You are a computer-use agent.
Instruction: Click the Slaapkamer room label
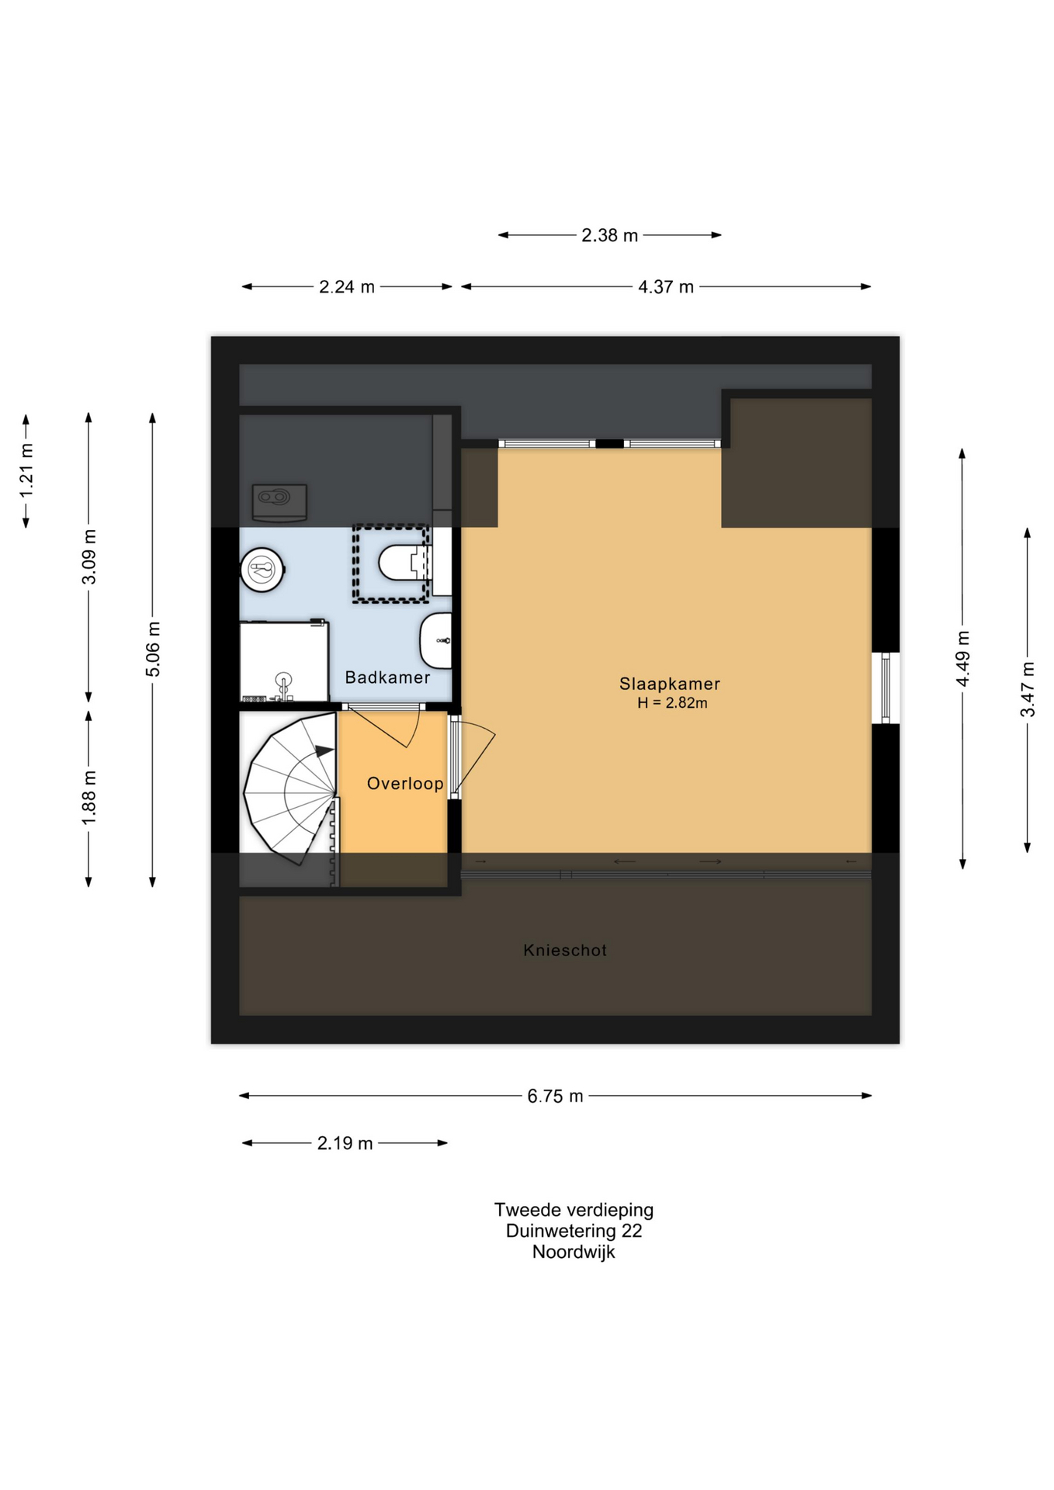click(x=669, y=684)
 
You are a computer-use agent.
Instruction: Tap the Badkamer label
click(x=387, y=677)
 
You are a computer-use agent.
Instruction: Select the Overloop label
click(x=405, y=784)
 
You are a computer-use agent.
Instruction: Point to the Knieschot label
click(x=565, y=950)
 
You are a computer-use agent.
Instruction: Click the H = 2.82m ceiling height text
click(x=672, y=703)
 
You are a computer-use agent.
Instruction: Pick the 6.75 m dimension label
click(x=555, y=1096)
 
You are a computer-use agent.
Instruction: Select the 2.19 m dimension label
click(x=345, y=1143)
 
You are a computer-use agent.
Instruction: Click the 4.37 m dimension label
click(x=666, y=287)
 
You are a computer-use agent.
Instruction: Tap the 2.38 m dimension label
click(x=609, y=235)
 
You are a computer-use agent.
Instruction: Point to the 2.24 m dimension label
click(x=347, y=287)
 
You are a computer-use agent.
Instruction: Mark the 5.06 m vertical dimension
click(x=153, y=649)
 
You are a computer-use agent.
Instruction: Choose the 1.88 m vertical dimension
click(x=89, y=798)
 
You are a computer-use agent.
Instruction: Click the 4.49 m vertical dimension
click(x=962, y=658)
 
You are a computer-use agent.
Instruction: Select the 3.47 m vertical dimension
click(x=1028, y=689)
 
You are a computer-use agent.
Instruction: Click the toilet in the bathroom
click(x=404, y=563)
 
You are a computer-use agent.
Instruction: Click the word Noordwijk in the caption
click(x=574, y=1252)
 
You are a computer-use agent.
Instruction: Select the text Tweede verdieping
click(x=574, y=1210)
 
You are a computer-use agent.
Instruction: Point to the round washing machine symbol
click(x=262, y=570)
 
